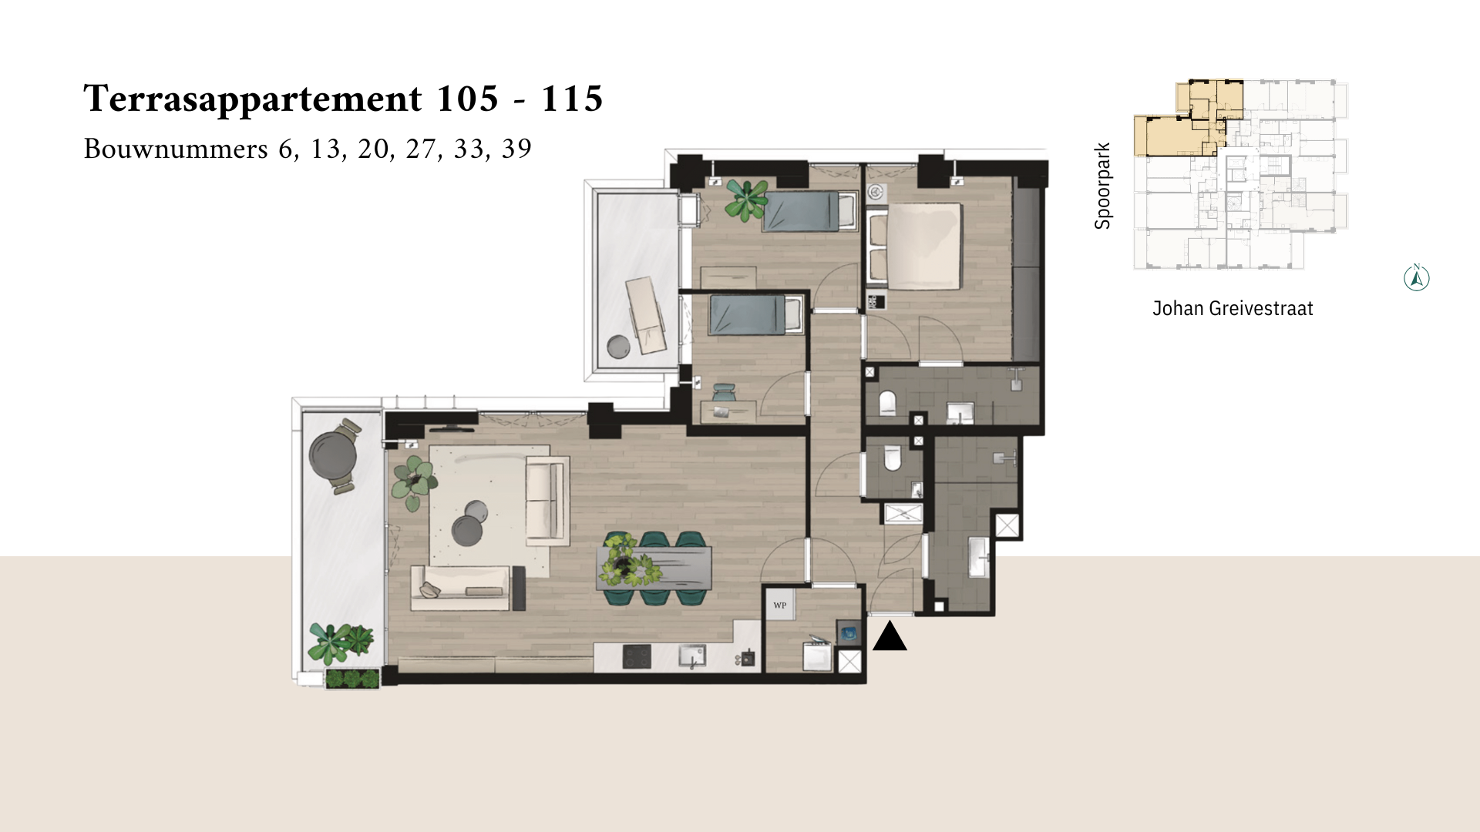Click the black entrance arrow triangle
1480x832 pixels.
890,636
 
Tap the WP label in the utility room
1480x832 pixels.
780,606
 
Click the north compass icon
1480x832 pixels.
1417,277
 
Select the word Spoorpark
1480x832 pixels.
1103,186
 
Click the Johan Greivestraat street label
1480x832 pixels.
1233,309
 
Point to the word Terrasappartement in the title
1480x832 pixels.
253,100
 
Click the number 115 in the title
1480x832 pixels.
571,99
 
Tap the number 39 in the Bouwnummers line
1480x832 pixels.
516,149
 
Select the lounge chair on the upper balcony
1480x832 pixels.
645,314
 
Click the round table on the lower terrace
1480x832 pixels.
332,455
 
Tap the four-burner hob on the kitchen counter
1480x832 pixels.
637,657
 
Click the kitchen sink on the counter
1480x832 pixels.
692,656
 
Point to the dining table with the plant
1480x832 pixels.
654,568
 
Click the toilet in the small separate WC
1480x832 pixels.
893,458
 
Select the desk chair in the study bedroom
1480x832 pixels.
725,393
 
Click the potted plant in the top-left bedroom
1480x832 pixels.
746,200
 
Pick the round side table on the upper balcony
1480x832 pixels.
618,347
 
